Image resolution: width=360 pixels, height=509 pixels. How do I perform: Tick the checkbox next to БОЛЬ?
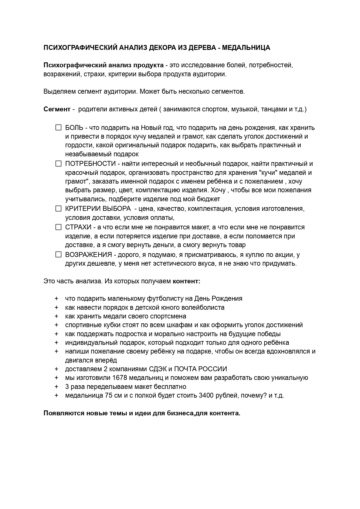[x=59, y=128]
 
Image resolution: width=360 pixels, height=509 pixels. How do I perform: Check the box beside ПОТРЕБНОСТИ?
[x=59, y=164]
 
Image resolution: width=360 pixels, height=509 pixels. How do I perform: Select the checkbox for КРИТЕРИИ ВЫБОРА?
[x=59, y=209]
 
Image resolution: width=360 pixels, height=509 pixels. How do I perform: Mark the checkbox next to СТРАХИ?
[x=59, y=227]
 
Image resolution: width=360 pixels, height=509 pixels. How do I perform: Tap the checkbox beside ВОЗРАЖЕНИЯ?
[x=59, y=255]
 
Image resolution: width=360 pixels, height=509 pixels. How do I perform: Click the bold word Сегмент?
[x=57, y=109]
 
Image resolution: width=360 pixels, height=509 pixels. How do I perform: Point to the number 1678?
[x=119, y=378]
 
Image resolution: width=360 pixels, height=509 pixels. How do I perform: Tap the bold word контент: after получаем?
[x=187, y=281]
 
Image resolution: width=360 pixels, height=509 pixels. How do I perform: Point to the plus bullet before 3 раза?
[x=56, y=387]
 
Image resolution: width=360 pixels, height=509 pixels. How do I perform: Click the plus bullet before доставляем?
[x=56, y=369]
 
